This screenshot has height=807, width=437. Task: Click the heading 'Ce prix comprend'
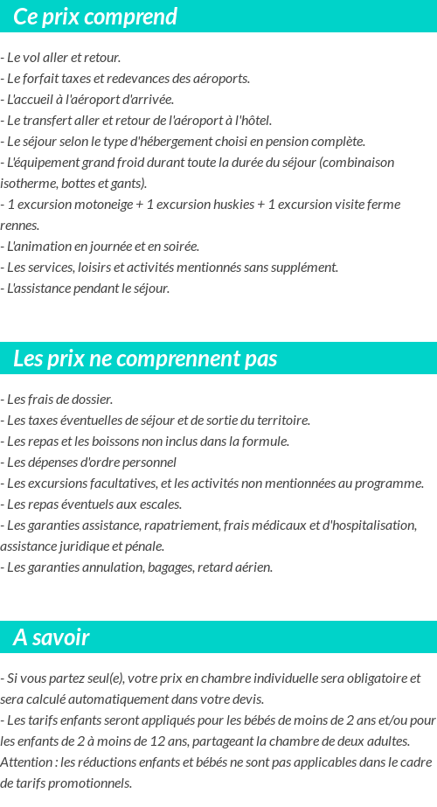tap(95, 17)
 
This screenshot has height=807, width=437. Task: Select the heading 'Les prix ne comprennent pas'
tap(145, 358)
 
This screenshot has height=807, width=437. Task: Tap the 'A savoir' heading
tap(52, 637)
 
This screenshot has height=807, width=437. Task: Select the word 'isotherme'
tap(29, 184)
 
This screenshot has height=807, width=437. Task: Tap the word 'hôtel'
tap(253, 121)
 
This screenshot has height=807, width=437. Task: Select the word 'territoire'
tap(281, 421)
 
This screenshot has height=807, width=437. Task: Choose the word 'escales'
tap(160, 504)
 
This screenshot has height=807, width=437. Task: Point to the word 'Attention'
tap(25, 762)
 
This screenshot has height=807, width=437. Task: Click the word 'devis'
tap(247, 699)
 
